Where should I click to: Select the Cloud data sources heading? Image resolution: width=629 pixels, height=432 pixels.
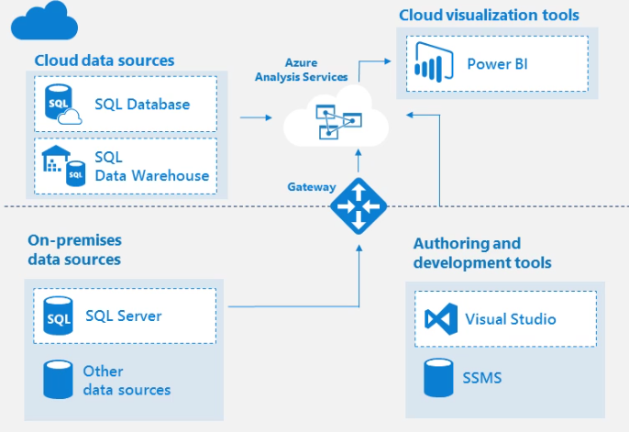[x=104, y=61]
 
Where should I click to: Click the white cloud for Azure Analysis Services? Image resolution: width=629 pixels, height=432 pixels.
[x=336, y=119]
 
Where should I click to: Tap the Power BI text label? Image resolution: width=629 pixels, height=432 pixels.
[x=497, y=63]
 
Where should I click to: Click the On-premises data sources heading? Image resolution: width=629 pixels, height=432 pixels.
[x=74, y=249]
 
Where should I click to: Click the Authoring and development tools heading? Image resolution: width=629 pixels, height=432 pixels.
[x=482, y=253]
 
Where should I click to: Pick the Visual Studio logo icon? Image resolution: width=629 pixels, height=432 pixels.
[x=440, y=319]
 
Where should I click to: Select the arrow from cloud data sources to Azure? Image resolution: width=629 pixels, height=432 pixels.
[x=256, y=117]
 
